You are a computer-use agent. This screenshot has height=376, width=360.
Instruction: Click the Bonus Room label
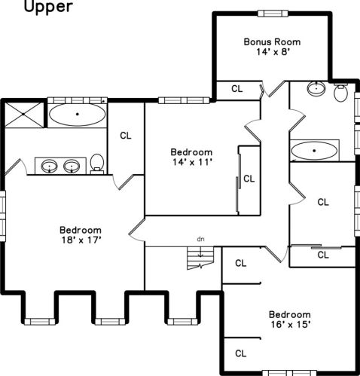coord(272,41)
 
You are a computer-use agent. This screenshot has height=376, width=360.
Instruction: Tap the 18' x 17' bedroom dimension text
coord(81,240)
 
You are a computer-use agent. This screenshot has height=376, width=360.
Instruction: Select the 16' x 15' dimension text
coord(291,325)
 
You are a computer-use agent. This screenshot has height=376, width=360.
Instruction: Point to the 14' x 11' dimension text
coord(192,162)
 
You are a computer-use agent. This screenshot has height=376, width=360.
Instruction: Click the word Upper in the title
coord(48,7)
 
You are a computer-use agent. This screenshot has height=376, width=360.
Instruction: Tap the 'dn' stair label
coord(200,239)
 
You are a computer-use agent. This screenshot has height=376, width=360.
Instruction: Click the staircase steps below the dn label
coord(200,258)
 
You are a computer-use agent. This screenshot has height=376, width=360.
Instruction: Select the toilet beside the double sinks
coord(97,164)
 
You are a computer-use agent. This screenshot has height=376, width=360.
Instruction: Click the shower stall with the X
coord(24,115)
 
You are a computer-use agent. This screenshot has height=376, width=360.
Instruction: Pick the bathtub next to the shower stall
coord(78,115)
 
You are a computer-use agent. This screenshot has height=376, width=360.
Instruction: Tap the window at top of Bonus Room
coord(273,14)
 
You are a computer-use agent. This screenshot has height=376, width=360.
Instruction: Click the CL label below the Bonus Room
coord(237,89)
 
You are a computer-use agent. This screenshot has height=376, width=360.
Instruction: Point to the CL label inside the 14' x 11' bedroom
coord(249,179)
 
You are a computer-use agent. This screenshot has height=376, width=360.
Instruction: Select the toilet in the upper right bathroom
coord(340,93)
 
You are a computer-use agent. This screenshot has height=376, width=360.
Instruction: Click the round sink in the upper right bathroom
coord(316,88)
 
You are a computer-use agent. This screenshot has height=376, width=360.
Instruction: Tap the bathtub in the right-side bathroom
coord(314,151)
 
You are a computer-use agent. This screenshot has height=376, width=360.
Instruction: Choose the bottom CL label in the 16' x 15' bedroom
coord(241,353)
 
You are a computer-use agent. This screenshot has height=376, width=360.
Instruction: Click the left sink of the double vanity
coord(50,167)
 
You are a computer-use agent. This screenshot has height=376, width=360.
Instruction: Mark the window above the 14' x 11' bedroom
coord(184,100)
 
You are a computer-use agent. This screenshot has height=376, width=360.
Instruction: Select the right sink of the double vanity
coord(72,167)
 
